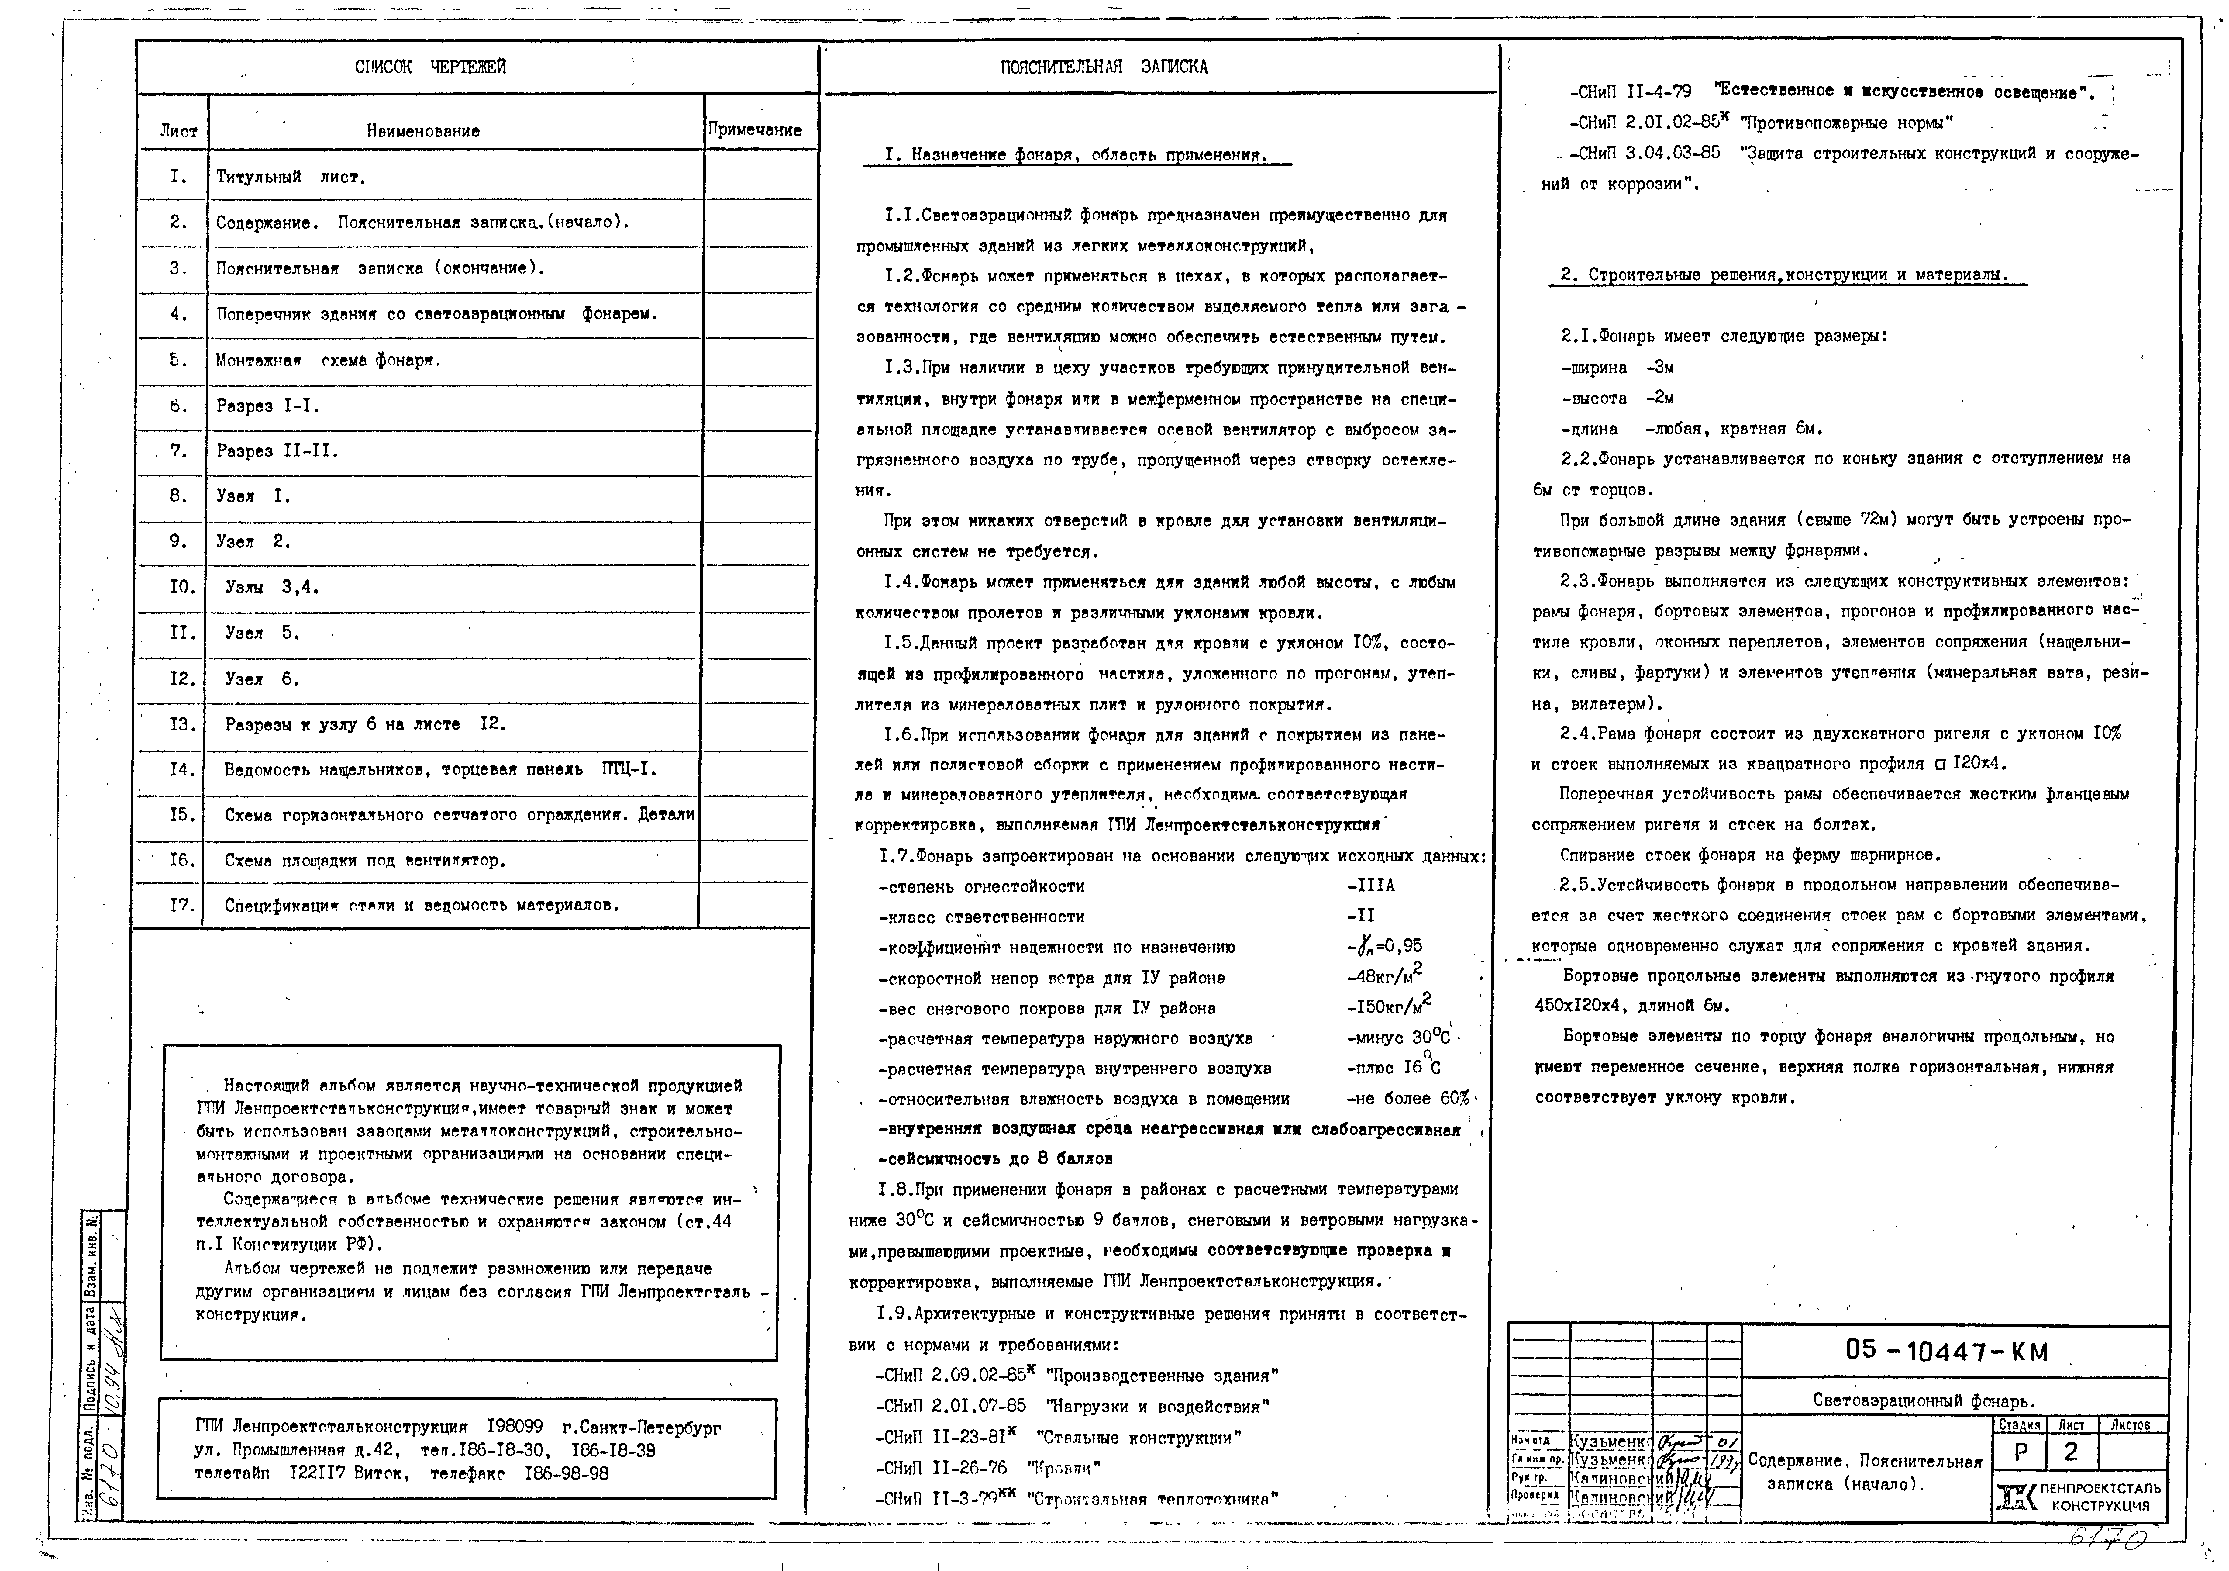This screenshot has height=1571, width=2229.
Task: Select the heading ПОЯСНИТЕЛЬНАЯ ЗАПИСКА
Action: (1104, 67)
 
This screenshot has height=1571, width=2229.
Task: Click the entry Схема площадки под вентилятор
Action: (365, 860)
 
